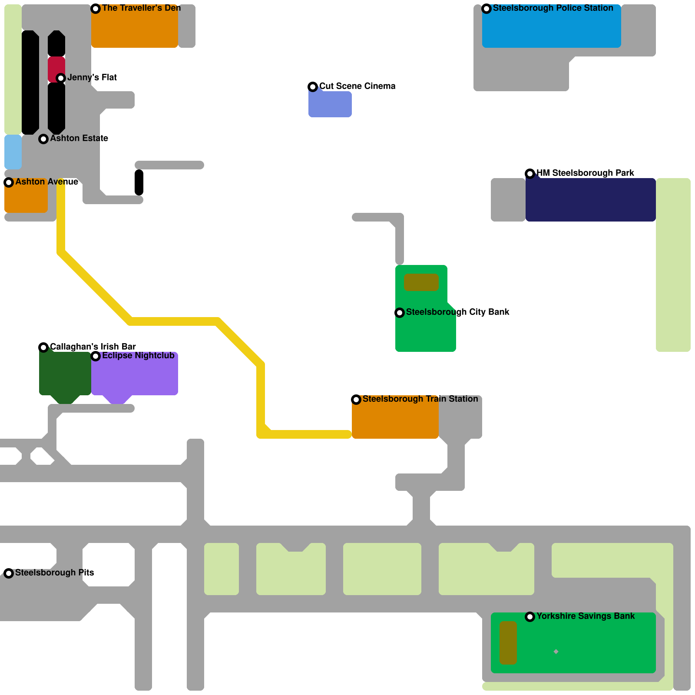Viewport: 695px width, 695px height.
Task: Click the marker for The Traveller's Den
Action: pos(96,9)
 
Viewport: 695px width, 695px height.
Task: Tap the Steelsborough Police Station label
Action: pos(553,8)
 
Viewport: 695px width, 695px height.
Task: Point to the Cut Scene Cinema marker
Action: pos(313,87)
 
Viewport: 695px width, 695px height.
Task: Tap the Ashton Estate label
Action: pos(79,139)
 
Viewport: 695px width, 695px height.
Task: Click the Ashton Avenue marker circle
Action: pos(9,182)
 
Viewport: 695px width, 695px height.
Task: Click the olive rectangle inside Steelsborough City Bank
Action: pos(421,282)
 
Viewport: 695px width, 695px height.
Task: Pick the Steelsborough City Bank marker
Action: pos(400,313)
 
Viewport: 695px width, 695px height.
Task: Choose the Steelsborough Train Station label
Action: pos(420,399)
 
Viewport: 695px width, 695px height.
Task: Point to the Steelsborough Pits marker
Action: pos(9,573)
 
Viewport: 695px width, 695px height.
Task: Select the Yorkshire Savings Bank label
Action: pos(585,616)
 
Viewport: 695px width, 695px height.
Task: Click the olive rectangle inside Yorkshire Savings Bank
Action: pos(508,643)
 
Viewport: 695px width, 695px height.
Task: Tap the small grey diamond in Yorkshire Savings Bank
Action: pos(556,652)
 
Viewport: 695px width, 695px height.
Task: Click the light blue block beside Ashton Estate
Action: pos(13,152)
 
